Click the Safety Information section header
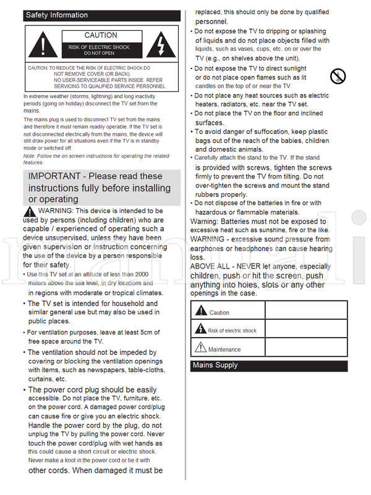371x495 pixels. click(56, 15)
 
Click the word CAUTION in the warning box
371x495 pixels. click(101, 36)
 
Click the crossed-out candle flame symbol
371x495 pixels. click(338, 77)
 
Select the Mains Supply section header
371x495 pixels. click(215, 365)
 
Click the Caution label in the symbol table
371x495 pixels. click(220, 313)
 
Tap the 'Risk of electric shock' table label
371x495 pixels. click(232, 331)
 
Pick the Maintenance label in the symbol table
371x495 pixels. click(224, 349)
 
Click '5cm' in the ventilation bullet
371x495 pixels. click(151, 333)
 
